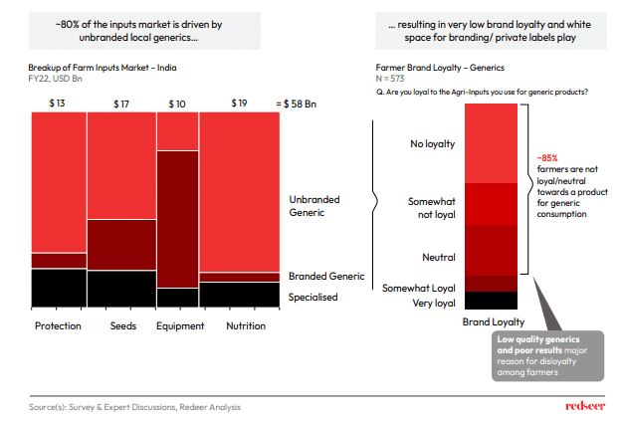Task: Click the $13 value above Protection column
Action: tap(58, 104)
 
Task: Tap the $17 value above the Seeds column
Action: tap(121, 104)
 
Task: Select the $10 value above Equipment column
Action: tap(177, 104)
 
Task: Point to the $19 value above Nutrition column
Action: tap(239, 104)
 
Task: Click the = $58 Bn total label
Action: tap(297, 104)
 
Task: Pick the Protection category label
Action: tap(58, 326)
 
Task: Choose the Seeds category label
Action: tap(121, 326)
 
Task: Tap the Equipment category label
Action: tap(180, 326)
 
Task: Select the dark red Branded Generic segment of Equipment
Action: tap(178, 219)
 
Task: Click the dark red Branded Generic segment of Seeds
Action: tap(121, 245)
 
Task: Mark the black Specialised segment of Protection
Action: tap(59, 288)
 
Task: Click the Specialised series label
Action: tap(312, 297)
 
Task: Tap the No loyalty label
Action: tap(432, 144)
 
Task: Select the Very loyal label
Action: tap(433, 303)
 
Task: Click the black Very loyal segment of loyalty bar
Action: tap(490, 300)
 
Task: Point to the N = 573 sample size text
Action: tap(376, 79)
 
